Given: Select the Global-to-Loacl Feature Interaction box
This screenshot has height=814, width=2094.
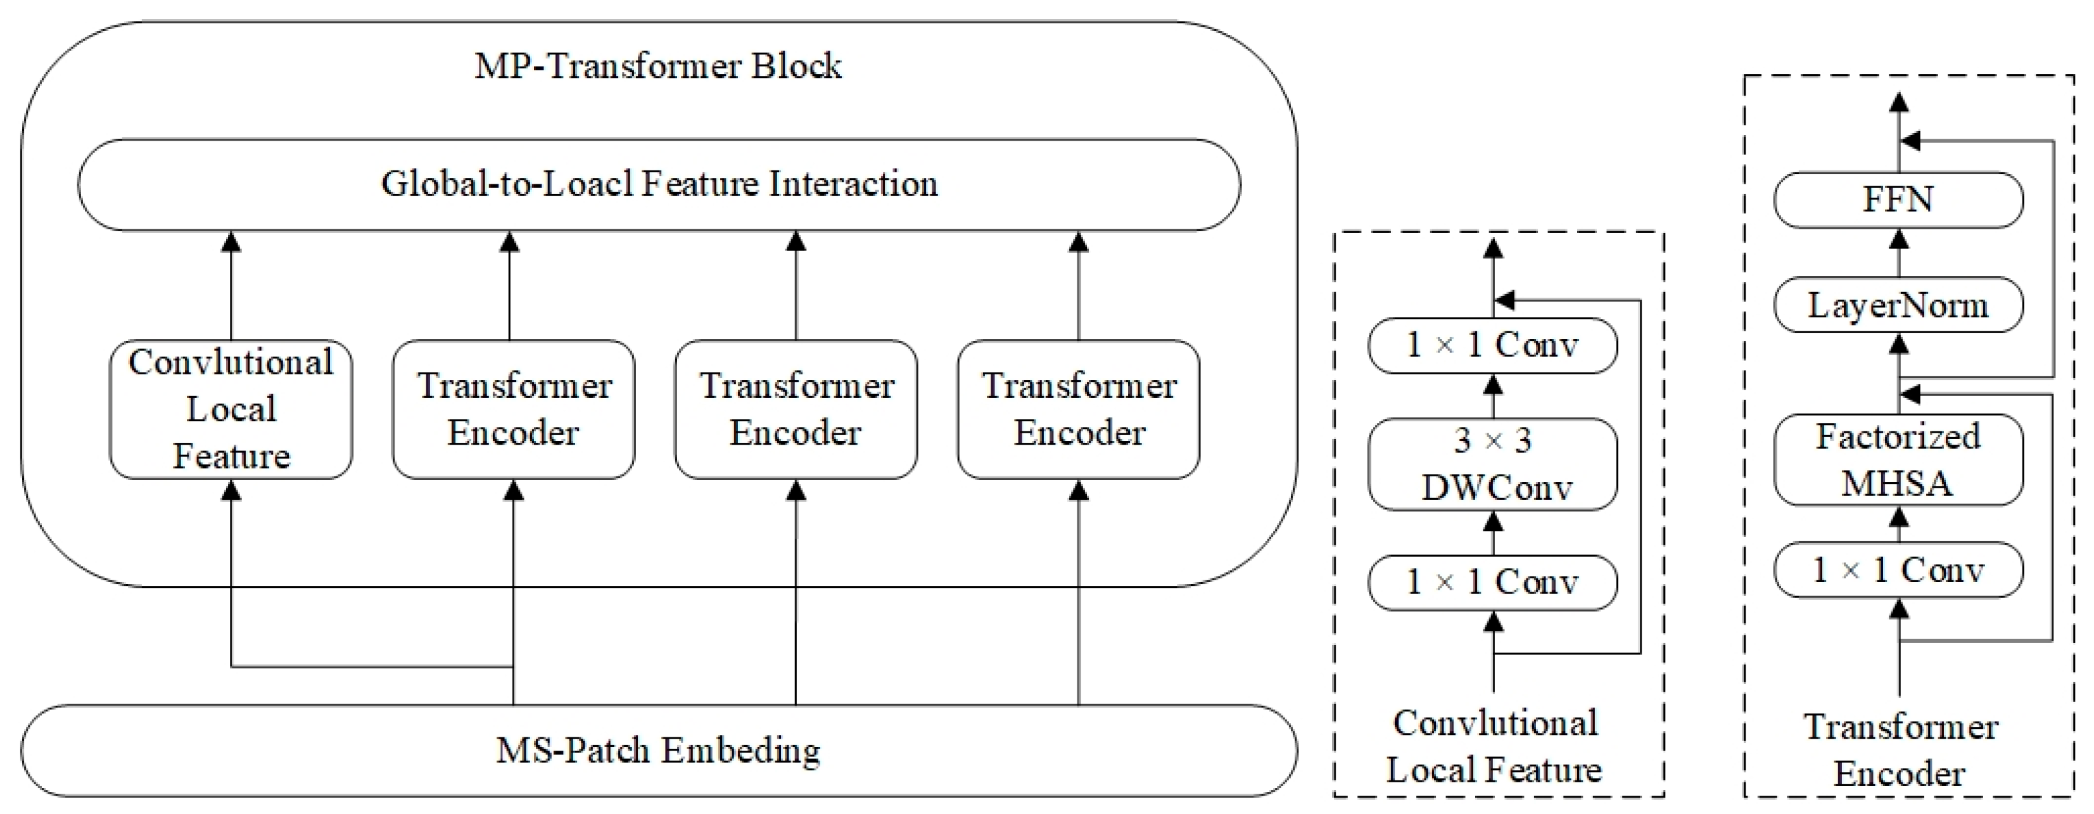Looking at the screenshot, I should (659, 184).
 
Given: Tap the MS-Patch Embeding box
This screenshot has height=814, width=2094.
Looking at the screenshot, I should (659, 750).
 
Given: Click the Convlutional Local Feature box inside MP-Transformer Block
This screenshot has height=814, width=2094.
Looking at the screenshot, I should (231, 409).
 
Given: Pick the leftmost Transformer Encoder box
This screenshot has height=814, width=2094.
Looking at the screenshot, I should (513, 409).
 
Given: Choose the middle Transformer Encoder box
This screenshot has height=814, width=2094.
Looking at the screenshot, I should (796, 409).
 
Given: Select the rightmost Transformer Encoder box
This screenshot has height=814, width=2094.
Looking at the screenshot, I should (1078, 409).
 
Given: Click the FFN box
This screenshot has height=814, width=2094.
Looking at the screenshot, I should (1898, 200).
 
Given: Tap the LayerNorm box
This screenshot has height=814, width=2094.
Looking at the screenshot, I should (1898, 305).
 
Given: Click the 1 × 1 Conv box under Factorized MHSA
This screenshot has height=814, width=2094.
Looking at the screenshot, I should (1898, 570).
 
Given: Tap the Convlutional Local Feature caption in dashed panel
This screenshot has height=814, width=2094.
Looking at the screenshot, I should (1494, 746).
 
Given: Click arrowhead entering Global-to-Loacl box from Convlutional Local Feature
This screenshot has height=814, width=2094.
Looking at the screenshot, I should (232, 241).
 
